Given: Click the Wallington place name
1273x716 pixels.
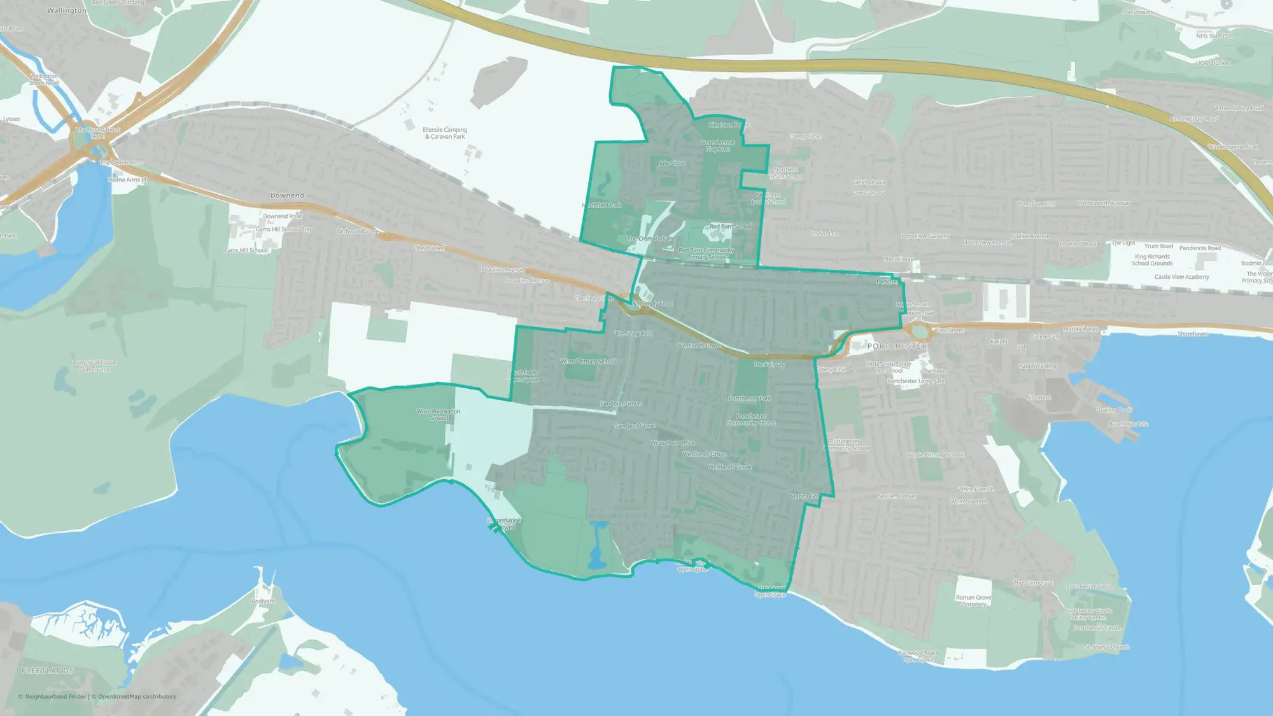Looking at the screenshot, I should point(66,11).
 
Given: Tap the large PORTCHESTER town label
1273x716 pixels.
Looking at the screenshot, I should point(897,346).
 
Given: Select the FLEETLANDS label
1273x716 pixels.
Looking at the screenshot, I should point(48,671).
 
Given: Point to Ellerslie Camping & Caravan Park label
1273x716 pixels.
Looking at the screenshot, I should point(445,133).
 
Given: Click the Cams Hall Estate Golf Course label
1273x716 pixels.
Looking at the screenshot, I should point(94,366).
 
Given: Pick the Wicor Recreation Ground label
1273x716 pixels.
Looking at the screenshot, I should point(439,414).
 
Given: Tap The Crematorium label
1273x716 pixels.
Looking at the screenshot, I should point(650,239).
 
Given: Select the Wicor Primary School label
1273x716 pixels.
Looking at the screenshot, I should point(588,362).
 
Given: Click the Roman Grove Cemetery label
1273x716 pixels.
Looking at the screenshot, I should point(973,601).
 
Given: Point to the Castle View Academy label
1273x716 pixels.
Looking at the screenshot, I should point(1182,277).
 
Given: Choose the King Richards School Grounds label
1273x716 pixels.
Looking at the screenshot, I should point(1152,260).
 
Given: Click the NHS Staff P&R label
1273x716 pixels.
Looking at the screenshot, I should point(1214,36).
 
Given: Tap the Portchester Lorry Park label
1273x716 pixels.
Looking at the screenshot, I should point(916,381).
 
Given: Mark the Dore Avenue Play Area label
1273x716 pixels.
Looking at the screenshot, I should point(718,146).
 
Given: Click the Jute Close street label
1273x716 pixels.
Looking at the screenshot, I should point(672,163).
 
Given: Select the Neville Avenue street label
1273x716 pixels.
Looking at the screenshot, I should point(897,496).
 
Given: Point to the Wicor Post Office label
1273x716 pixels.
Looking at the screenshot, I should point(672,443).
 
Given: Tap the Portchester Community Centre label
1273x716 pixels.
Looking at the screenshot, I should point(751,419).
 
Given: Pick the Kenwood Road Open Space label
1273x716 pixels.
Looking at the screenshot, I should point(918,656).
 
